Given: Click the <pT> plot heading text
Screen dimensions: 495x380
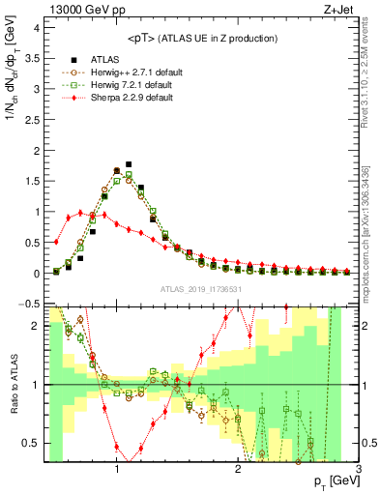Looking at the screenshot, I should (200, 38).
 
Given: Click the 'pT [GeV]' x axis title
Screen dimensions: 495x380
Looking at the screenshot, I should (331, 481).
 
